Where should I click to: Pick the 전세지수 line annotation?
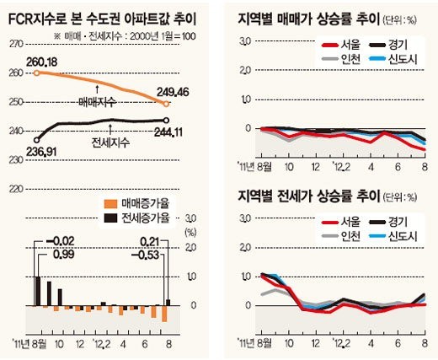[109, 142]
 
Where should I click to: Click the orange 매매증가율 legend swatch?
[108, 203]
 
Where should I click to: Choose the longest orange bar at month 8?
[165, 314]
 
